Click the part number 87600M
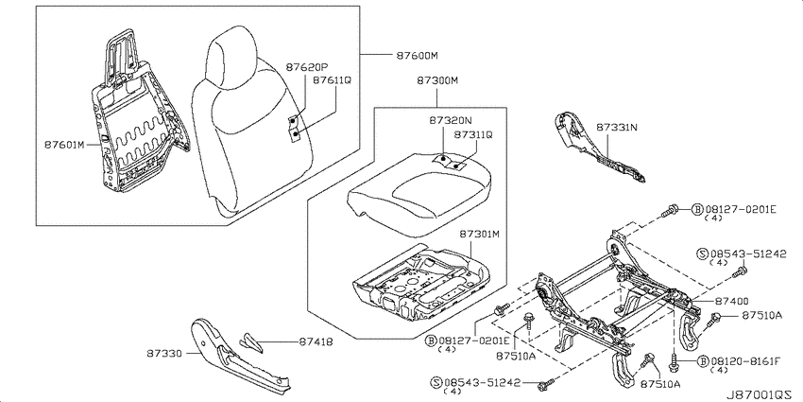pyautogui.click(x=417, y=56)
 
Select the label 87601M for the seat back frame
pyautogui.click(x=64, y=145)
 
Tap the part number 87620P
pyautogui.click(x=307, y=67)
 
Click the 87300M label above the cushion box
pyautogui.click(x=436, y=80)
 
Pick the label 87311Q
pyautogui.click(x=473, y=134)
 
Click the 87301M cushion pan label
pyautogui.click(x=479, y=235)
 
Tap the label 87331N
pyautogui.click(x=617, y=127)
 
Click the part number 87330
pyautogui.click(x=163, y=353)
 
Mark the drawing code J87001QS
pyautogui.click(x=762, y=394)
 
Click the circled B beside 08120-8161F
pyautogui.click(x=703, y=361)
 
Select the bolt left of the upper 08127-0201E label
pyautogui.click(x=670, y=209)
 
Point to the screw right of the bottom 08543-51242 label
pyautogui.click(x=546, y=383)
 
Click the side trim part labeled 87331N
pyautogui.click(x=597, y=148)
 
